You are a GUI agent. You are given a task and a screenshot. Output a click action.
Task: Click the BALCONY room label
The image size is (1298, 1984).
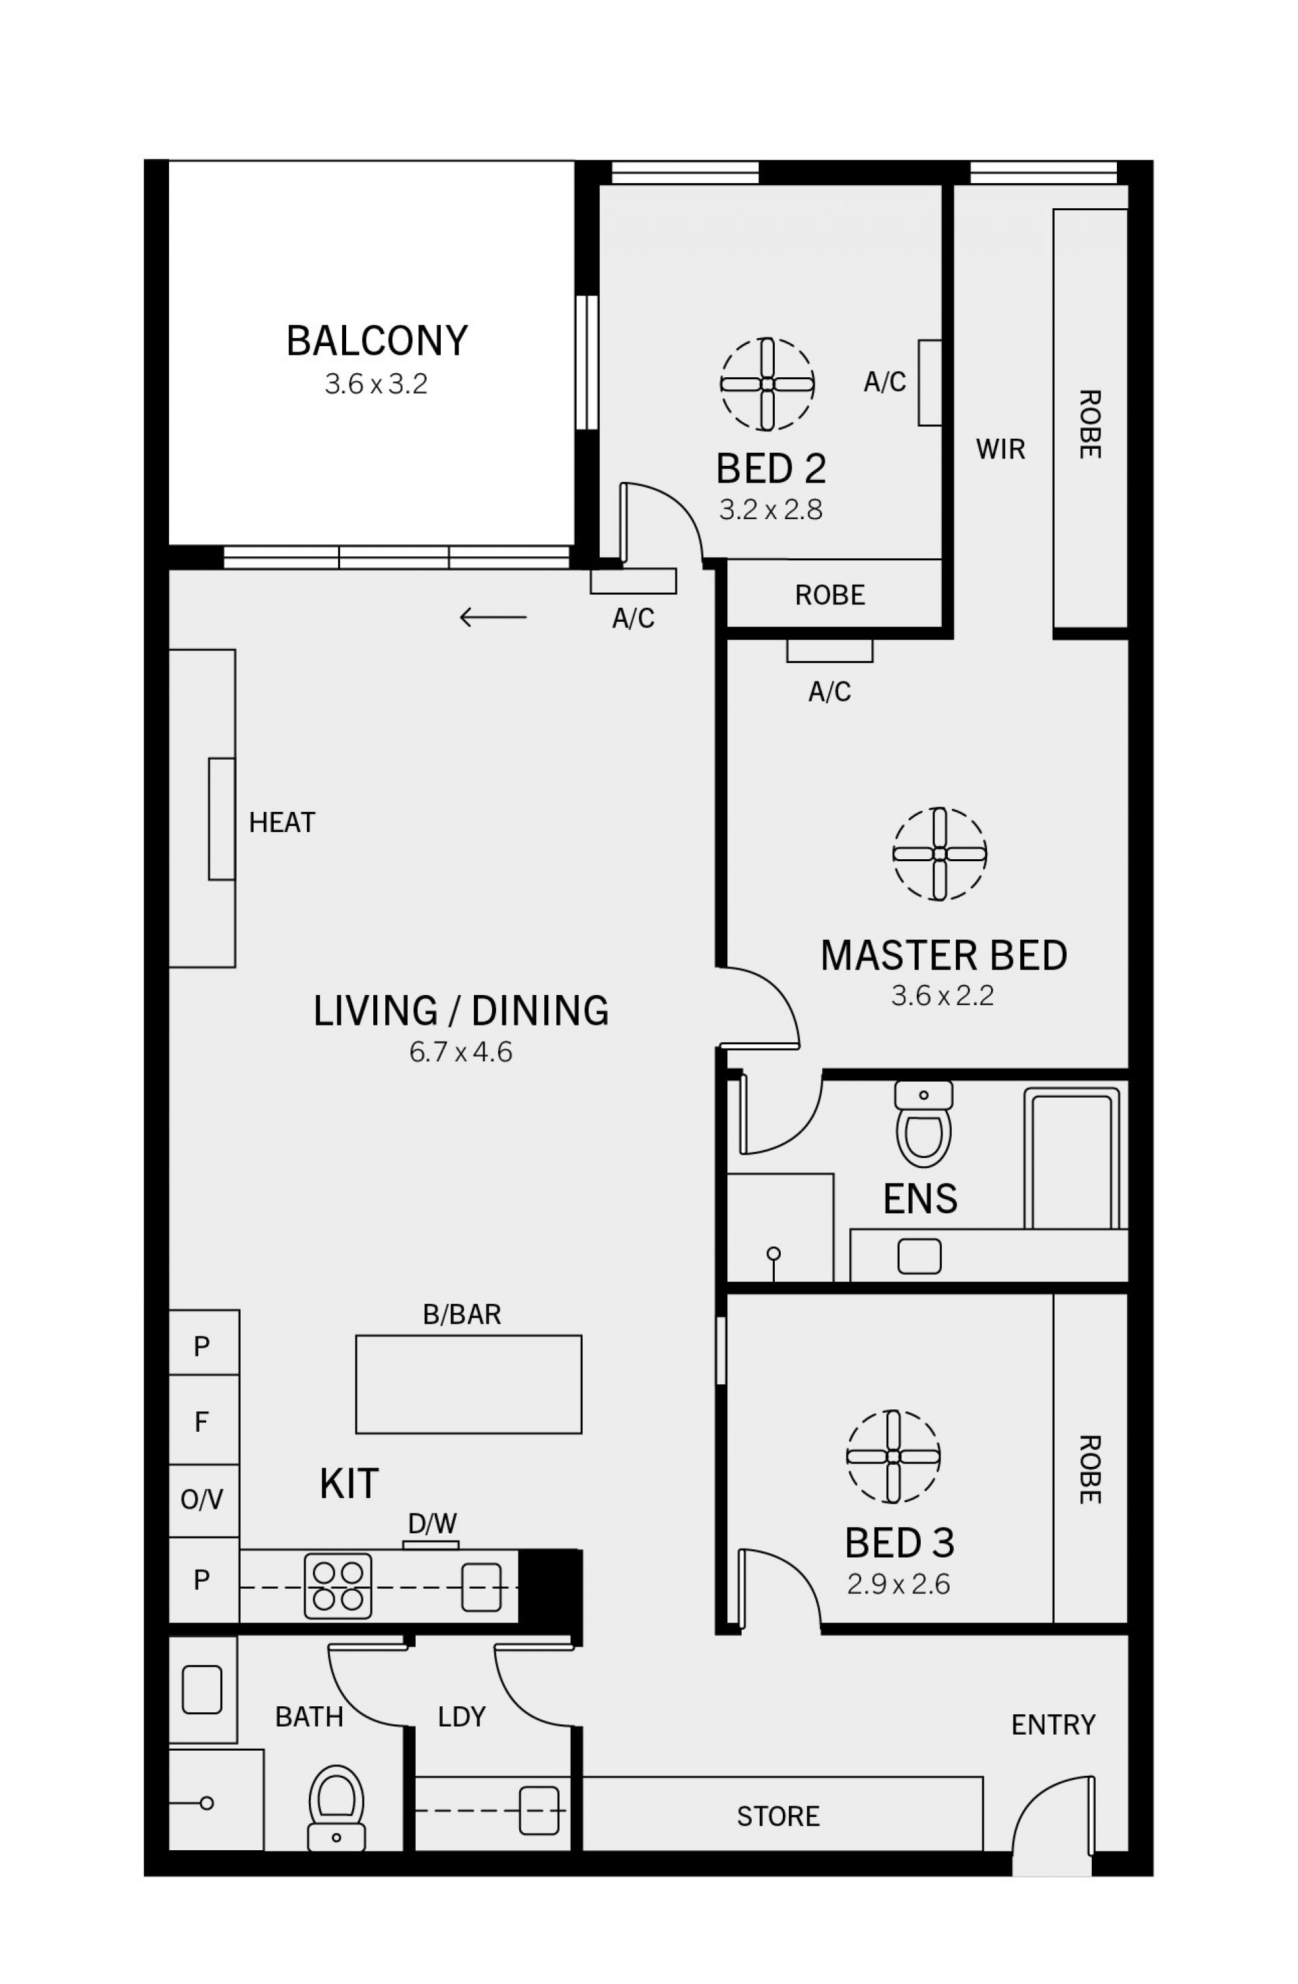pos(377,341)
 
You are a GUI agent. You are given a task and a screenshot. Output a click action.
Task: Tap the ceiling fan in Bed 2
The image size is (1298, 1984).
pos(767,385)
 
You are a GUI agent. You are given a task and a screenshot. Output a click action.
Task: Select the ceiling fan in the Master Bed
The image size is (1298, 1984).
pos(940,854)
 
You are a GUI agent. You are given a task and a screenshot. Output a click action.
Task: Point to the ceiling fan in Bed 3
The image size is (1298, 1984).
pos(893,1456)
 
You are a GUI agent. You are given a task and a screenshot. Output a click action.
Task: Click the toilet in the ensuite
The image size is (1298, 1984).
pos(923,1123)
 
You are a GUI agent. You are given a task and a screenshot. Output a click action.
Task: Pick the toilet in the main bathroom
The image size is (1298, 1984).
pos(336,1808)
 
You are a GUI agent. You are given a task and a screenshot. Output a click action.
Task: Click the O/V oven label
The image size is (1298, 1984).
pos(201,1501)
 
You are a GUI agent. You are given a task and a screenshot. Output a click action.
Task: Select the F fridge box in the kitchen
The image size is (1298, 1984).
pos(204,1422)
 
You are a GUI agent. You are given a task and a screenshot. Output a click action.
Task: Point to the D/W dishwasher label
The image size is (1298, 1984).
pos(432,1524)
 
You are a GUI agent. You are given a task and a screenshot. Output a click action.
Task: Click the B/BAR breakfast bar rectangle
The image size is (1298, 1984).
pos(468,1384)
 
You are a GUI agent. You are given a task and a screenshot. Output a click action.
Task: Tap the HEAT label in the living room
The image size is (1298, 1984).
pos(282,823)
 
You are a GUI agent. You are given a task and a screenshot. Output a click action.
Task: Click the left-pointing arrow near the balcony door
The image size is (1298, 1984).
pos(493,618)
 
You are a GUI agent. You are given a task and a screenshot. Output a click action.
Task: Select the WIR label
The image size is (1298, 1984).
pos(1001,450)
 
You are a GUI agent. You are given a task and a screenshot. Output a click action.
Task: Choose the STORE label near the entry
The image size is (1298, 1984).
pos(778,1816)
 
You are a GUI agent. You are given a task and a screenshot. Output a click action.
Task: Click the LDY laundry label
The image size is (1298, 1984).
pos(462,1716)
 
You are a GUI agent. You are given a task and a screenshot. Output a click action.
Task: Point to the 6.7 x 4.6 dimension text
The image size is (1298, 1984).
pos(460,1052)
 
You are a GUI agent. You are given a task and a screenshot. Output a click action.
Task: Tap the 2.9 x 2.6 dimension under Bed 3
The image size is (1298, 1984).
pos(898,1584)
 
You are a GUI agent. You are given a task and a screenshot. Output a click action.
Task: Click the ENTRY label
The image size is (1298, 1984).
pos(1053,1724)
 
